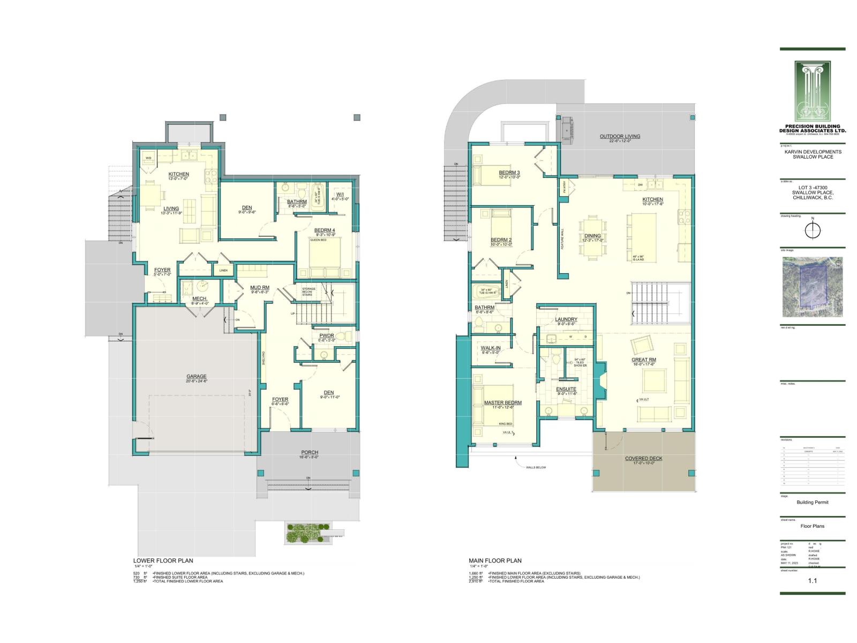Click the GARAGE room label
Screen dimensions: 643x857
197,376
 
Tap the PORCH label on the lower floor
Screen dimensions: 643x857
309,453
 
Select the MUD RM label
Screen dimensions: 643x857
260,288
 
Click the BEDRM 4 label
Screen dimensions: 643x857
325,230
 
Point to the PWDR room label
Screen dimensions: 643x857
326,336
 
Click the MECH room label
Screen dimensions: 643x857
199,298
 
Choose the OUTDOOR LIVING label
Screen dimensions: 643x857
620,136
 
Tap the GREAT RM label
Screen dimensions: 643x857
644,360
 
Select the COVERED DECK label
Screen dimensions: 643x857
644,459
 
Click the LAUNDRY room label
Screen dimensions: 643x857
566,319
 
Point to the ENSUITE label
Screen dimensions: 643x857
566,389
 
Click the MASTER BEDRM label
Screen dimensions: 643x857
502,402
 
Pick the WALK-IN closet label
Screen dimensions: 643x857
491,348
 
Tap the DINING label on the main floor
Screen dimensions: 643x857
592,236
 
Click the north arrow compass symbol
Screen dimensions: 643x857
813,230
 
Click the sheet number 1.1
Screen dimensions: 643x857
813,580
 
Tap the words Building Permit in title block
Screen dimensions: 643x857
813,502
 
